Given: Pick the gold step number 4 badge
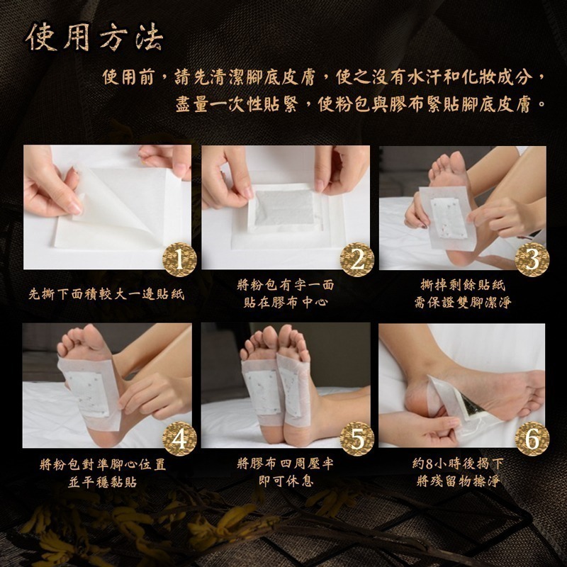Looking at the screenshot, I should (180, 440).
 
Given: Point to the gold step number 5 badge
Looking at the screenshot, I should (358, 440).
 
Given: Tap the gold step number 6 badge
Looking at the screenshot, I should (531, 440).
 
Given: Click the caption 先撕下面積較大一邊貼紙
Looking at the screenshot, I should (106, 293).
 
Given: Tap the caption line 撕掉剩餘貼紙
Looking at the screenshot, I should (463, 285).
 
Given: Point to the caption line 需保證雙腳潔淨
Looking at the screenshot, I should (463, 303).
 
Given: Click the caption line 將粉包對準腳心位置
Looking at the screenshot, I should (103, 464).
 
